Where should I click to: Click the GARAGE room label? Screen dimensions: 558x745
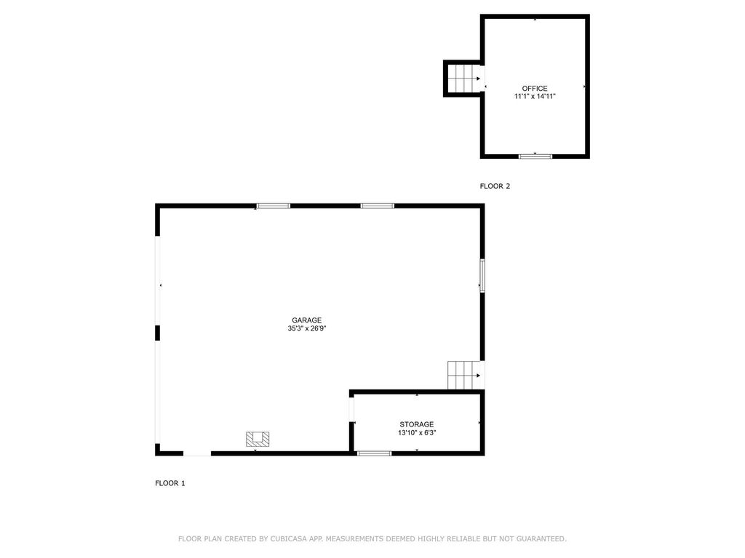pos(306,320)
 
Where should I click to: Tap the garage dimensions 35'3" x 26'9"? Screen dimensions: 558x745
pos(306,328)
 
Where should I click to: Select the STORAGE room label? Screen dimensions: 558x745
pos(416,424)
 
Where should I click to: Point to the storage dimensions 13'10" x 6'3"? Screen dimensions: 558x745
pos(416,433)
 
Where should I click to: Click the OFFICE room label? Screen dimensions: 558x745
pos(535,89)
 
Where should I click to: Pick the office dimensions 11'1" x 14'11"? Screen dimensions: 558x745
pos(535,97)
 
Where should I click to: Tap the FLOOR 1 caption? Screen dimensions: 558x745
pos(170,483)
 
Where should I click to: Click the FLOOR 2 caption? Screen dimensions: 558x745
pos(495,186)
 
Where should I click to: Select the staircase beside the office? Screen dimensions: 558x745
pos(463,78)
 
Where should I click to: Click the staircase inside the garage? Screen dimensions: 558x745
pos(463,375)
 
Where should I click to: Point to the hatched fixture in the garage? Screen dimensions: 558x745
pos(258,439)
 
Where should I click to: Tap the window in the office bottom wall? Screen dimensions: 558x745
pos(535,155)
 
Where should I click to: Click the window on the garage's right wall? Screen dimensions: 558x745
pos(482,276)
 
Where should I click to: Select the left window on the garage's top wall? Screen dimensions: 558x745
pos(273,206)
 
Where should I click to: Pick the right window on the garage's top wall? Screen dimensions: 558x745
pos(378,206)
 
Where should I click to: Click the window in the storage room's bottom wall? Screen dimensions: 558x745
pos(374,453)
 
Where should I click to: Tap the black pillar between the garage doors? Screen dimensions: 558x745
pos(157,333)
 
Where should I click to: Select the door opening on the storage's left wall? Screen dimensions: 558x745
pos(351,411)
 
